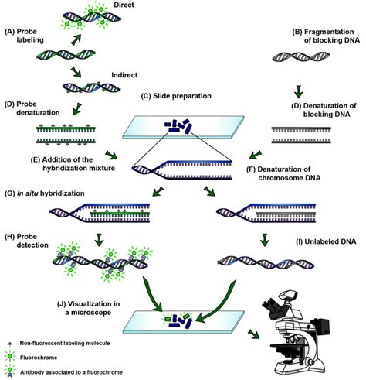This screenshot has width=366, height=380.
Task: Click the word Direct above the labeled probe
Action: (x=124, y=5)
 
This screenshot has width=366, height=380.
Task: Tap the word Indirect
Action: (x=124, y=75)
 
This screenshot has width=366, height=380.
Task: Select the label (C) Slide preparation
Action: (x=176, y=96)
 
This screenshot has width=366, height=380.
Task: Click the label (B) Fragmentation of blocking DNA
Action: (x=326, y=36)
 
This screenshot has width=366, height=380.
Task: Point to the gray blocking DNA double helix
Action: (x=301, y=56)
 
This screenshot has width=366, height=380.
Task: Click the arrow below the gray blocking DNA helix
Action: (x=298, y=91)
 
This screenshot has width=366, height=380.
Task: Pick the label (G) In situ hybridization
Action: (x=45, y=193)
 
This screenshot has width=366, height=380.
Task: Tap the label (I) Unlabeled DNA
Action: (x=326, y=241)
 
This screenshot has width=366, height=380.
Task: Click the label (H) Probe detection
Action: (x=26, y=241)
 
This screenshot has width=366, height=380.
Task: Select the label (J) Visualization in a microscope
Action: (x=89, y=308)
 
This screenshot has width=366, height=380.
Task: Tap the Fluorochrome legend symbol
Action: (x=10, y=358)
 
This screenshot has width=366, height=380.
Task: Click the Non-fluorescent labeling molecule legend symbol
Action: (x=10, y=344)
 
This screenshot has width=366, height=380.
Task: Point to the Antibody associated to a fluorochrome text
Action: (x=71, y=372)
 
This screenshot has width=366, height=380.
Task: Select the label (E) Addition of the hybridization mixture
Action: (x=73, y=164)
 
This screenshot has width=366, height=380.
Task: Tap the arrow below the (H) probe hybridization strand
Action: (x=100, y=240)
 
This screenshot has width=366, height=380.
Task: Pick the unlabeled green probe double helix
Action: (x=66, y=54)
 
